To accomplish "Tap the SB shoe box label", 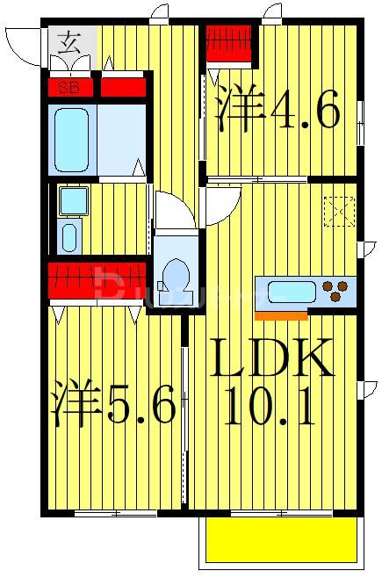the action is click(x=69, y=88).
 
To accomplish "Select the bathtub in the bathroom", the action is click(x=71, y=140).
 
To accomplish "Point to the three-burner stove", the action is click(x=335, y=291).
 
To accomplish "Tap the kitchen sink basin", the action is click(x=292, y=293).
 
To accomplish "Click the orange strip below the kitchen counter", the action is click(x=281, y=316).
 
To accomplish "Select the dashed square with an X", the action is click(x=339, y=212).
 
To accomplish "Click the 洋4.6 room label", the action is click(x=277, y=108).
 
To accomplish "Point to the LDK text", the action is click(x=271, y=358).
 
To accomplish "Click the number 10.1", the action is click(x=270, y=405).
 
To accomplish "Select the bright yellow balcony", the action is click(x=281, y=540).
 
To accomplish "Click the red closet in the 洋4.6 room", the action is click(x=228, y=43).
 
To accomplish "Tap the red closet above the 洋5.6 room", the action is click(x=97, y=280).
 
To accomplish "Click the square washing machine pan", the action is click(x=74, y=201).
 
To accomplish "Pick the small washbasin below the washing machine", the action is click(x=69, y=236).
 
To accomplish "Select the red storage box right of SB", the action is click(x=124, y=88).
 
